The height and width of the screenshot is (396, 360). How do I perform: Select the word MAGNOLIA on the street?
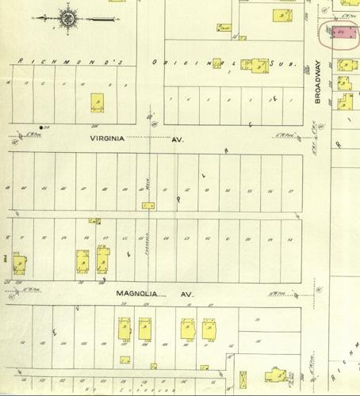coord(139,293)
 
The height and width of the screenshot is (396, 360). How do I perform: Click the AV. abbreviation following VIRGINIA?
coord(178,138)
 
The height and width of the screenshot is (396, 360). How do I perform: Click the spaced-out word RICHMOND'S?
coord(67,62)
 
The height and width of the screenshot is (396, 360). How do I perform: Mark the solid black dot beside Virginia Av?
coord(40,127)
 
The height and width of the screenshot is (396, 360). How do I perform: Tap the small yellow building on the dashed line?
coord(148,205)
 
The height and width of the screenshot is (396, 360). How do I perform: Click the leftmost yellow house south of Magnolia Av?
coord(124,328)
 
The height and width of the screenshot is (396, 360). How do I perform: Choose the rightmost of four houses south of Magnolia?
coord(209,328)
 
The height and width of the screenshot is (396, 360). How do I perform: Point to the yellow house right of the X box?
coord(103,259)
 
